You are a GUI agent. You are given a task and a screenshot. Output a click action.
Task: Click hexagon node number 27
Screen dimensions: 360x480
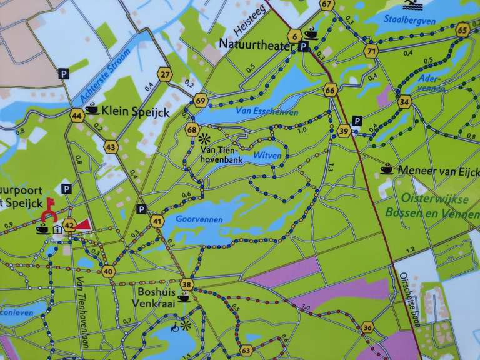(165, 74)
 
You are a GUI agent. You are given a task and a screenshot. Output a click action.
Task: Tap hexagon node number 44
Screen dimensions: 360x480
(77, 116)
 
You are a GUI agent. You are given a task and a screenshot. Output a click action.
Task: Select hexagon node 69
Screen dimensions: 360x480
(200, 100)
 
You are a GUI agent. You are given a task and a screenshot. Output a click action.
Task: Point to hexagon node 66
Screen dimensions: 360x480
(331, 90)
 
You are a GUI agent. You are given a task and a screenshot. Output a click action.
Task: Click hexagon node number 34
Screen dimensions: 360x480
(404, 101)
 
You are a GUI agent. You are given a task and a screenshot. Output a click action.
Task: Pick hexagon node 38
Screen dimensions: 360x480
(186, 285)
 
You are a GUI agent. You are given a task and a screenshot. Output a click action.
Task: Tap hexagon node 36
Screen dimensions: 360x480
(367, 327)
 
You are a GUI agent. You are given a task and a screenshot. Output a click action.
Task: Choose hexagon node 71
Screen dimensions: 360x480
(372, 51)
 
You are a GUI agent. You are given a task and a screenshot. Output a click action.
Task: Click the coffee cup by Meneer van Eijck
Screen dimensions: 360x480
(387, 168)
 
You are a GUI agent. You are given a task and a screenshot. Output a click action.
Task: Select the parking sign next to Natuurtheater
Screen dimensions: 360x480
(304, 47)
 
